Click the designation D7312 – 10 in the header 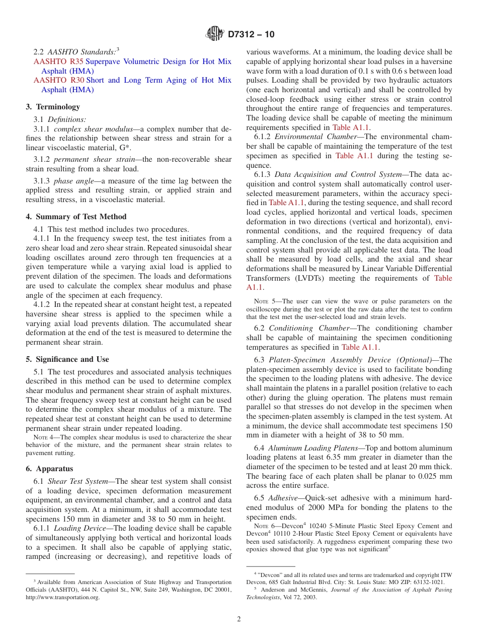click(x=251, y=35)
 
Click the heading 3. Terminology click(x=53, y=107)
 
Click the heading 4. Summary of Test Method click(x=76, y=217)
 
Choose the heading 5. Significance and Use click(x=67, y=359)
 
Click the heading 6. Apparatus click(x=49, y=469)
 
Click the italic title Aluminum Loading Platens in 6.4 click(x=306, y=448)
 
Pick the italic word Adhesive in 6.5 click(x=283, y=498)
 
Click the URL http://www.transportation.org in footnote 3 click(x=62, y=597)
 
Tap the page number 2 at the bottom click(x=239, y=619)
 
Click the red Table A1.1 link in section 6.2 click(x=360, y=347)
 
